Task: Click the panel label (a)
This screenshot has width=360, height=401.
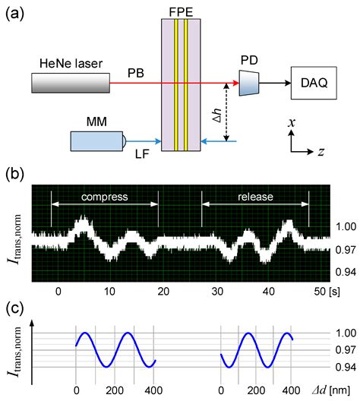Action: pyautogui.click(x=17, y=12)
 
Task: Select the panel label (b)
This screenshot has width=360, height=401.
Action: pyautogui.click(x=17, y=173)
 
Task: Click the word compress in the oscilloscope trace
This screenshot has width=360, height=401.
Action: pyautogui.click(x=103, y=195)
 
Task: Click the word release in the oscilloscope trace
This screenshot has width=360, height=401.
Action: pyautogui.click(x=255, y=195)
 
